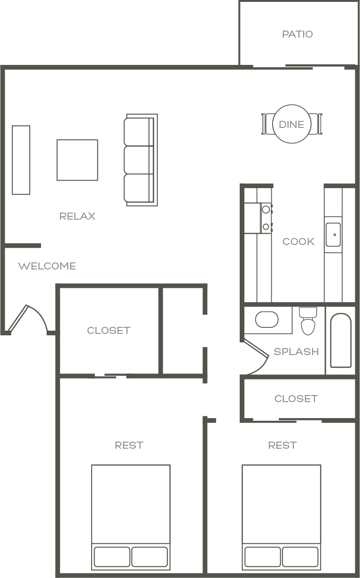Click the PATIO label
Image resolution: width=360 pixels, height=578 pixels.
pyautogui.click(x=297, y=34)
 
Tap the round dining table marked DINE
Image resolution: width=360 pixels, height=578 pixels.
pyautogui.click(x=292, y=124)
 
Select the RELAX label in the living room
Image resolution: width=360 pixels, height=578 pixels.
pyautogui.click(x=78, y=216)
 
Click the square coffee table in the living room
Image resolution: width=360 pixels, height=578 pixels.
pyautogui.click(x=78, y=160)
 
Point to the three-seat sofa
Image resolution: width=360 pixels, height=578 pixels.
pyautogui.click(x=141, y=160)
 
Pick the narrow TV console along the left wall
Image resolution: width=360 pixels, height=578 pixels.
pyautogui.click(x=21, y=160)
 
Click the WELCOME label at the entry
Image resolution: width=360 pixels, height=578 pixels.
pyautogui.click(x=47, y=266)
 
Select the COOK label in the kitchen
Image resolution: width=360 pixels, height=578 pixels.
pyautogui.click(x=298, y=242)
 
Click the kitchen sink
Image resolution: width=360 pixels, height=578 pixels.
pyautogui.click(x=333, y=235)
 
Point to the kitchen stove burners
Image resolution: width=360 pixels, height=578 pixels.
pyautogui.click(x=266, y=218)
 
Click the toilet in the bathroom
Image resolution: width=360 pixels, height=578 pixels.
pyautogui.click(x=308, y=321)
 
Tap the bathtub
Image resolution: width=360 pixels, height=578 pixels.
pyautogui.click(x=341, y=340)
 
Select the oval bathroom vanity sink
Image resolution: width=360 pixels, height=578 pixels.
pyautogui.click(x=266, y=319)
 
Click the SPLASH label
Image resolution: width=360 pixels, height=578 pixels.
pyautogui.click(x=296, y=352)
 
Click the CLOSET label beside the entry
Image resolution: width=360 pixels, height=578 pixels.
pyautogui.click(x=109, y=330)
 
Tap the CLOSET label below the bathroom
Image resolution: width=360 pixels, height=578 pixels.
pyautogui.click(x=296, y=399)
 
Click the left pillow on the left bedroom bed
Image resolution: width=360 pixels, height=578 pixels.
pyautogui.click(x=112, y=556)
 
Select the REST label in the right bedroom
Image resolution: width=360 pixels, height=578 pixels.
pyautogui.click(x=282, y=445)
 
